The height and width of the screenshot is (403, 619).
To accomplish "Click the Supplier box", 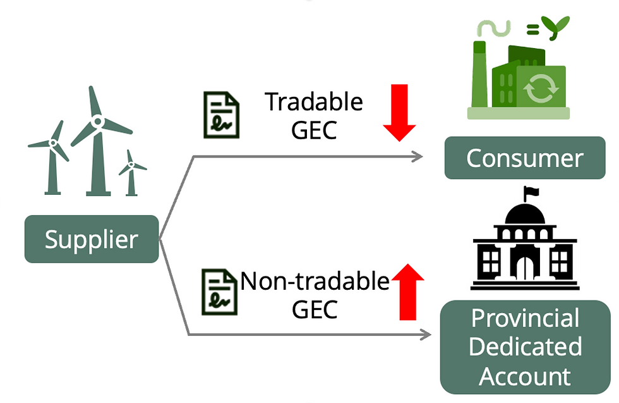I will [x=92, y=239].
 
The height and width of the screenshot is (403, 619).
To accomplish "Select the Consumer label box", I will [x=524, y=158].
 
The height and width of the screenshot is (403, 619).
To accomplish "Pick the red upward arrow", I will [x=407, y=291].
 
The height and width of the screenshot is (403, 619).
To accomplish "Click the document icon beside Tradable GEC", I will [x=221, y=115].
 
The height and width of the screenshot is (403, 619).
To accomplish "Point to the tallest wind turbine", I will [x=97, y=139].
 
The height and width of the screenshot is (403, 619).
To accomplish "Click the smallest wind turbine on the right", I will [x=131, y=171].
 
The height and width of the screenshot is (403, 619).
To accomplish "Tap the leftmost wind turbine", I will [x=53, y=155].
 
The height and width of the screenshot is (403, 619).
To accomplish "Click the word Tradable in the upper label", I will [x=314, y=101].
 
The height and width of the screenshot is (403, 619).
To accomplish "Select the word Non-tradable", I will [x=315, y=281].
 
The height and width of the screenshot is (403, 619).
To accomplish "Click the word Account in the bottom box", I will [x=524, y=376].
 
